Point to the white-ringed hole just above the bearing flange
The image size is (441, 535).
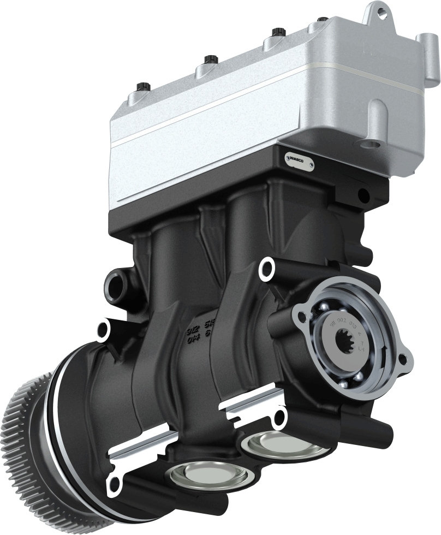267,267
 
